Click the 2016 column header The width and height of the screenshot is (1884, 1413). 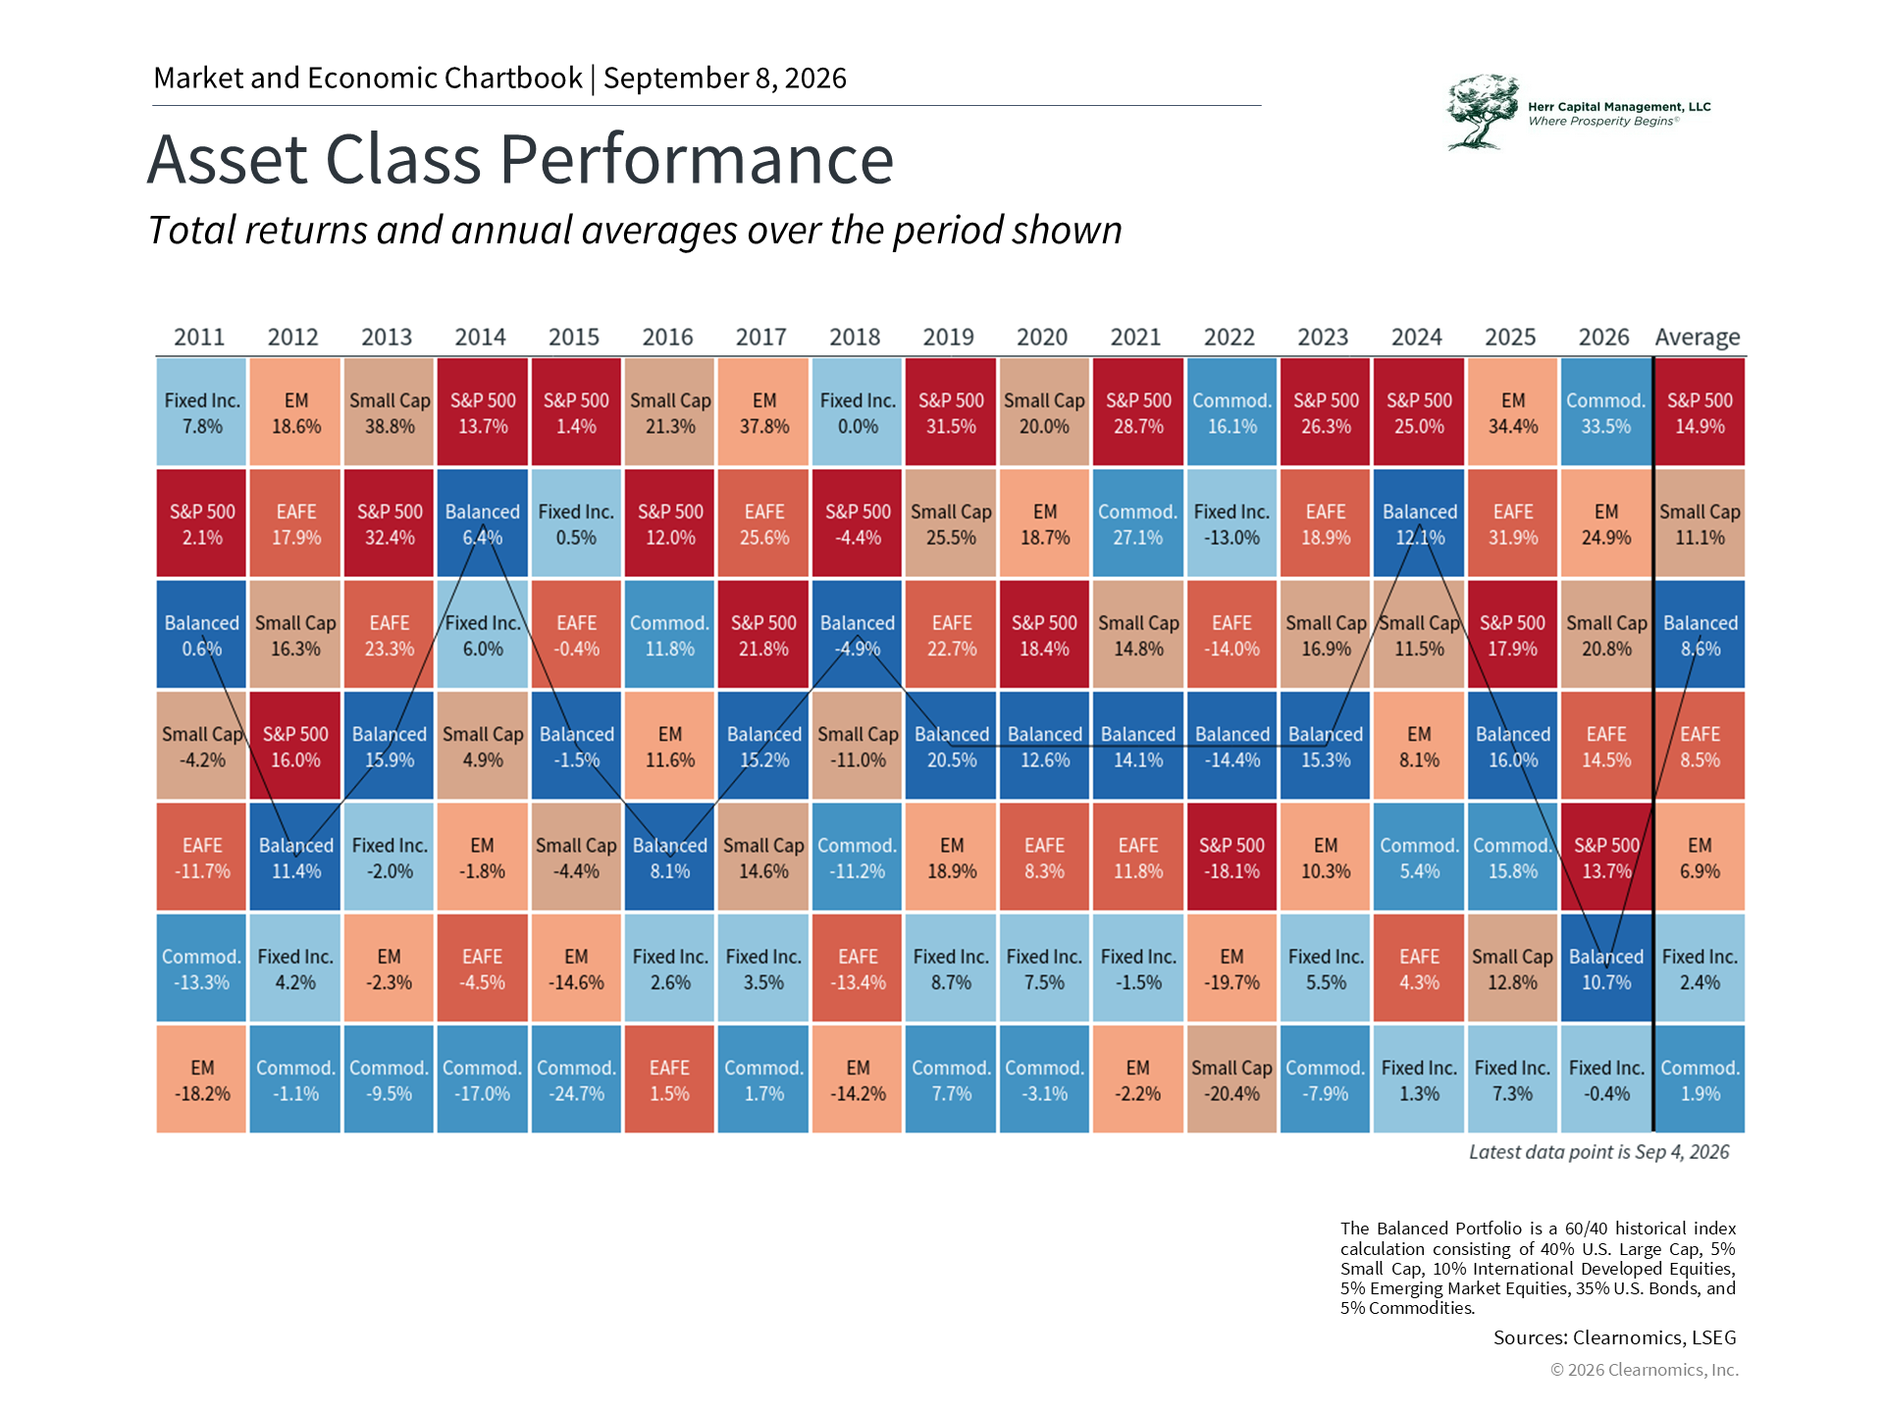click(x=667, y=337)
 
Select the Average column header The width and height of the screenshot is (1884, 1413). click(x=1698, y=338)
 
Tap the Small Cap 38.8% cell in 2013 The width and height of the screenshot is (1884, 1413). click(x=390, y=412)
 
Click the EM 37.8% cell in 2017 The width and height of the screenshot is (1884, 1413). click(x=763, y=412)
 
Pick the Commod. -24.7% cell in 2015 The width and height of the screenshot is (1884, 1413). click(x=576, y=1079)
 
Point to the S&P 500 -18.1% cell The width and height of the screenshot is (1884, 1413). click(x=1231, y=857)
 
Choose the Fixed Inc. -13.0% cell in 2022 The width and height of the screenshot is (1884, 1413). click(x=1231, y=523)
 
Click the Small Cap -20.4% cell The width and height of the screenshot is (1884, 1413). click(x=1231, y=1079)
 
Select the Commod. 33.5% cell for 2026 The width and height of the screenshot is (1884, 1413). click(x=1605, y=412)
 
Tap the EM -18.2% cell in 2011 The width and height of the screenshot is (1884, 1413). click(x=201, y=1079)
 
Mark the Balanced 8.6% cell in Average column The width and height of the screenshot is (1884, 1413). click(x=1701, y=635)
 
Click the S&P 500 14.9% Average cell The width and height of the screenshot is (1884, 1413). click(x=1701, y=412)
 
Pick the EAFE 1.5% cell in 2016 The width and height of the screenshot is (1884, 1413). click(x=669, y=1079)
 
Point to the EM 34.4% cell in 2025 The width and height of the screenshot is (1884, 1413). click(x=1512, y=412)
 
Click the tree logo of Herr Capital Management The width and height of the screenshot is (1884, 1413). click(x=1483, y=112)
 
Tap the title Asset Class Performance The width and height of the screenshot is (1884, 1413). click(x=521, y=159)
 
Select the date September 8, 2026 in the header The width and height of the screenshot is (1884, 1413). click(x=725, y=78)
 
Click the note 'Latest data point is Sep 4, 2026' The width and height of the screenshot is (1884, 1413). click(x=1599, y=1152)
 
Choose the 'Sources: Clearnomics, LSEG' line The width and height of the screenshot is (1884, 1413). click(x=1615, y=1337)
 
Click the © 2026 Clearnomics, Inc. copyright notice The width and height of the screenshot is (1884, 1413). click(x=1645, y=1370)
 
